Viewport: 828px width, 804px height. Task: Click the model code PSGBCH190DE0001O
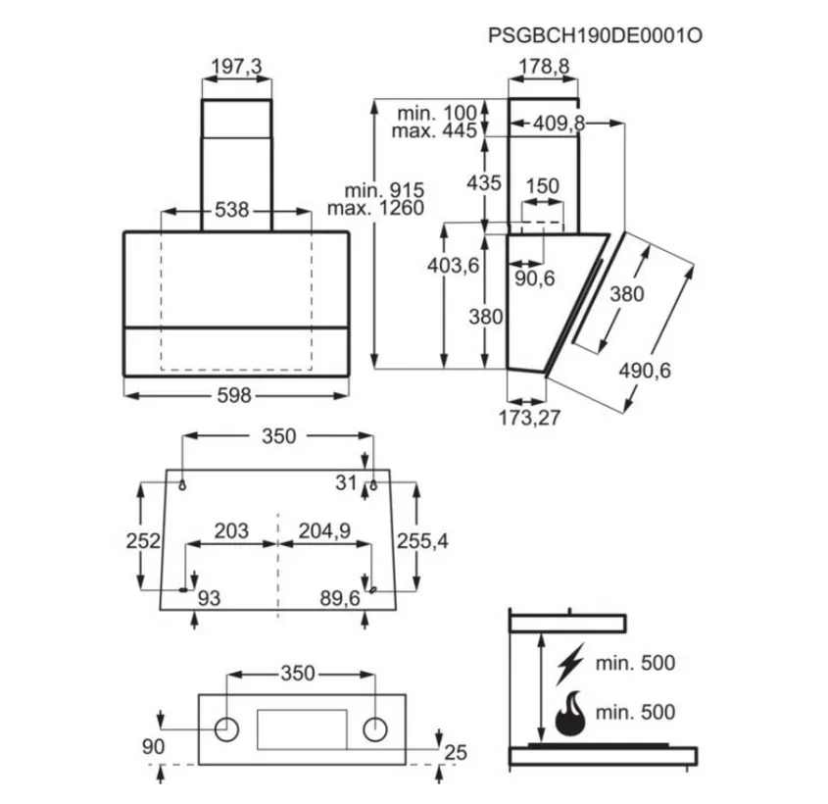(595, 36)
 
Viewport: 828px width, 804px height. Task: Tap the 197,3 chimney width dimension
(236, 67)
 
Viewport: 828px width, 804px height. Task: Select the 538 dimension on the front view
(231, 210)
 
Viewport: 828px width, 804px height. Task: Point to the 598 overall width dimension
(234, 395)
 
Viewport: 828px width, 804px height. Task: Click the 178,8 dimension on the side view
(544, 67)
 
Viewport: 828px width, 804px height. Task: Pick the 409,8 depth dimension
(559, 124)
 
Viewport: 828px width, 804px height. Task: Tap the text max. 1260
(376, 208)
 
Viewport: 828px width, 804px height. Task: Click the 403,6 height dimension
(453, 265)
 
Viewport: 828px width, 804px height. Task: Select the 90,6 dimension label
(535, 278)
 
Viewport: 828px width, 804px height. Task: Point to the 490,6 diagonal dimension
(645, 371)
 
